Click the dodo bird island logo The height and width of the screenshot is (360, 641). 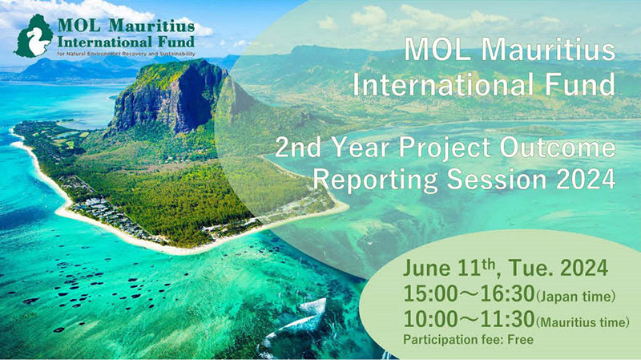tap(34, 36)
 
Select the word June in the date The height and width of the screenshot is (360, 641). tap(427, 268)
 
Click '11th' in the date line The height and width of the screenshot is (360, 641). tap(477, 268)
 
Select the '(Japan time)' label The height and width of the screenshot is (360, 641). tap(575, 296)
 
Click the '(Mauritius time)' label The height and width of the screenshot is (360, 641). tap(583, 322)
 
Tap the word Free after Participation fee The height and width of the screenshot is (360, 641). tap(520, 339)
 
